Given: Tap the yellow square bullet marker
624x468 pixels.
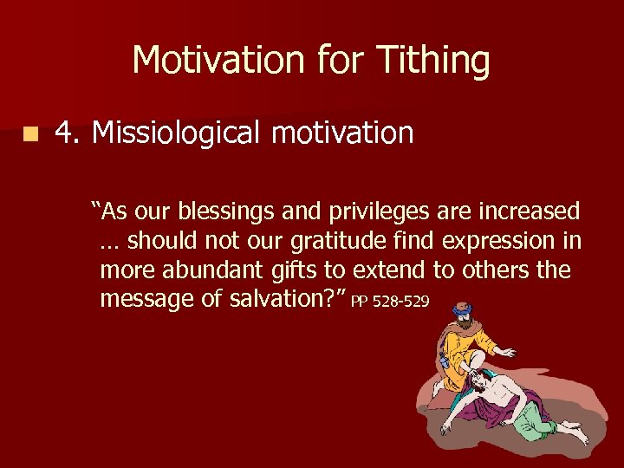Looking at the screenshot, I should (x=31, y=134).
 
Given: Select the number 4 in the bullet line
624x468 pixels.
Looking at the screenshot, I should (x=63, y=133).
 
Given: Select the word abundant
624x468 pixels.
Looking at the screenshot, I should (x=217, y=270).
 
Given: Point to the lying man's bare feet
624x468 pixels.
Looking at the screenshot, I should (x=574, y=433).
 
